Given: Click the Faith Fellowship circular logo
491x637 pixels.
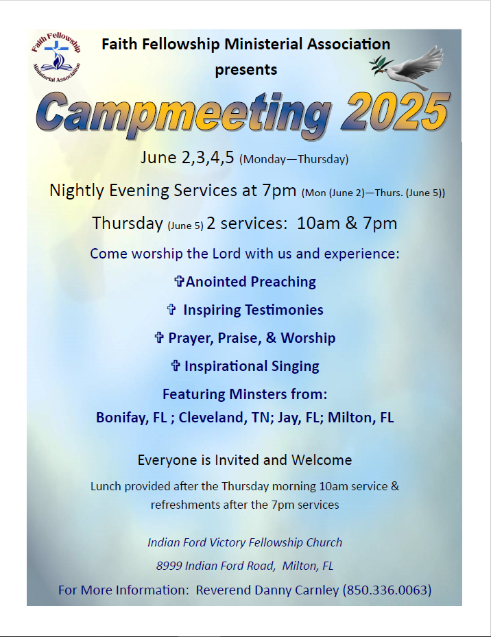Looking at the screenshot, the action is click(56, 57).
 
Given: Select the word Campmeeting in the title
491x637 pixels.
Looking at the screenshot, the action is click(184, 113).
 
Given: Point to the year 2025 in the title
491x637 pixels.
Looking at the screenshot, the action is click(396, 111).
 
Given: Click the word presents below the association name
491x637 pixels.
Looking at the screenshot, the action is click(246, 70).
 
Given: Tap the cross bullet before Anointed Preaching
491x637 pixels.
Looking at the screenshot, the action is click(179, 281).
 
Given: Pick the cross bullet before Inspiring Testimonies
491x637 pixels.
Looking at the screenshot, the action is click(171, 309).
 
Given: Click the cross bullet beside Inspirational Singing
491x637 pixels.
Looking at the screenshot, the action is click(175, 365).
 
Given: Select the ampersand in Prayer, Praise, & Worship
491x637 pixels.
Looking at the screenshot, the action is click(271, 337).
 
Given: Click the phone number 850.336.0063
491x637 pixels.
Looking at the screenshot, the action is click(387, 590).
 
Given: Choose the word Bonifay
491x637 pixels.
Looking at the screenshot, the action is click(122, 418).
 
